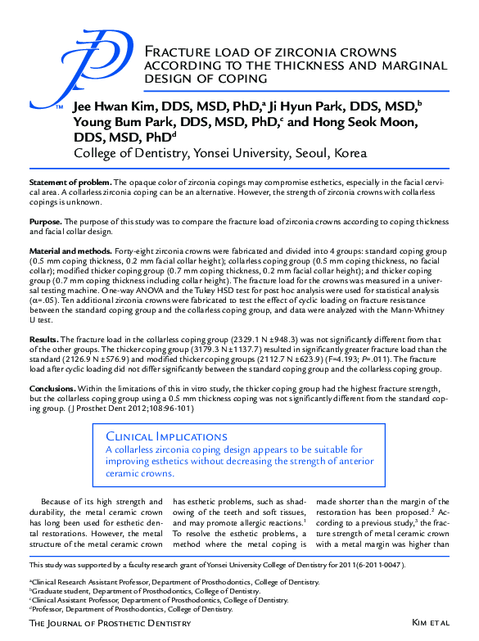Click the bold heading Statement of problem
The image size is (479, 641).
69,181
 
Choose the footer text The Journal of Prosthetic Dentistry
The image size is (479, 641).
110,623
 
